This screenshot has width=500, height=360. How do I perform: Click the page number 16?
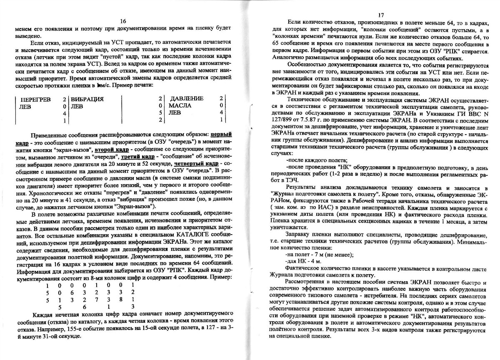[x=123, y=21]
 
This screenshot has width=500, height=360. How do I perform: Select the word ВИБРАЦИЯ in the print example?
[x=87, y=99]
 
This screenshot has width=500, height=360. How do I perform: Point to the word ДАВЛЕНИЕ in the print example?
[x=187, y=98]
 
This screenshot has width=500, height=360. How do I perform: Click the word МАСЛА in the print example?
[x=180, y=105]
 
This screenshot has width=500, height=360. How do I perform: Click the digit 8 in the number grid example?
[x=120, y=300]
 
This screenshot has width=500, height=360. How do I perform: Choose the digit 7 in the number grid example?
[x=96, y=300]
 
